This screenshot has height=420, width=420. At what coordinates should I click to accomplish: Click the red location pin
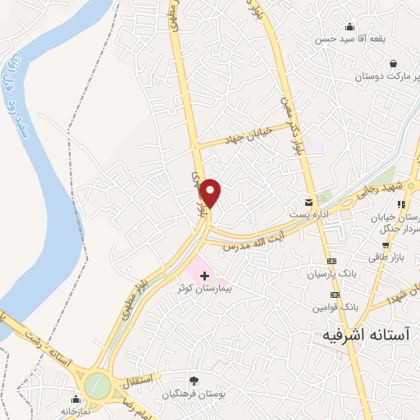212,192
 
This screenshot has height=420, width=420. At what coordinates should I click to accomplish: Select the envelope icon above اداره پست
308,201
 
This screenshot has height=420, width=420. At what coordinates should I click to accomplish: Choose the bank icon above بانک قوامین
335,294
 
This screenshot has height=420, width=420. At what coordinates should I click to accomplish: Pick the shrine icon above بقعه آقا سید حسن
350,26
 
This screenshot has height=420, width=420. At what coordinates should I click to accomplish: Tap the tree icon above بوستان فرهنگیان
194,380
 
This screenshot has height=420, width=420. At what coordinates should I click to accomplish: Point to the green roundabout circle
98,385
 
